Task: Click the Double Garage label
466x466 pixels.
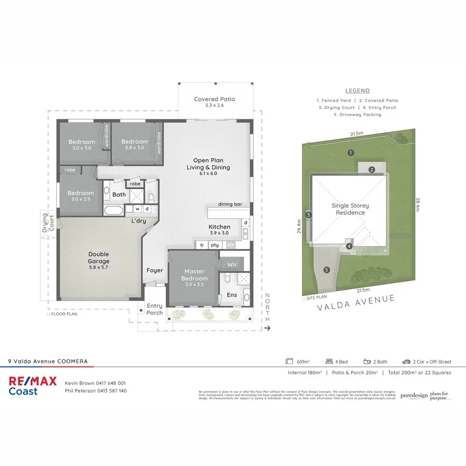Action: [x=98, y=258]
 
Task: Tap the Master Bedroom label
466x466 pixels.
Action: [x=194, y=275]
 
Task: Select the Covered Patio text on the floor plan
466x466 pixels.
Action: [x=214, y=102]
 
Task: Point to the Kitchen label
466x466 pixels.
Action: [x=219, y=230]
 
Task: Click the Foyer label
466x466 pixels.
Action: [x=154, y=270]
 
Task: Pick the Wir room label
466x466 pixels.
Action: [x=232, y=264]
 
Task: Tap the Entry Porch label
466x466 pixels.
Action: [x=154, y=309]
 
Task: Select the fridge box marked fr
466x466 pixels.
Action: [x=201, y=245]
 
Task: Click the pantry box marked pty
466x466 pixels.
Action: [x=214, y=245]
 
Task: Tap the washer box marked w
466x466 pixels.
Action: [x=138, y=209]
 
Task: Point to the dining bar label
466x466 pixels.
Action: [x=230, y=205]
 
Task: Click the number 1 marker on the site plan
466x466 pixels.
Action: [x=351, y=153]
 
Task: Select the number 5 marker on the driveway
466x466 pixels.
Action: [x=326, y=270]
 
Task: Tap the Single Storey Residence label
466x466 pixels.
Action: [x=350, y=209]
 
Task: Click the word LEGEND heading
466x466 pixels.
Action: [x=357, y=91]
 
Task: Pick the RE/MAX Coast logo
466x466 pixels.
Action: [x=33, y=386]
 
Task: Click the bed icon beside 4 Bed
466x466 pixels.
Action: [x=329, y=361]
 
